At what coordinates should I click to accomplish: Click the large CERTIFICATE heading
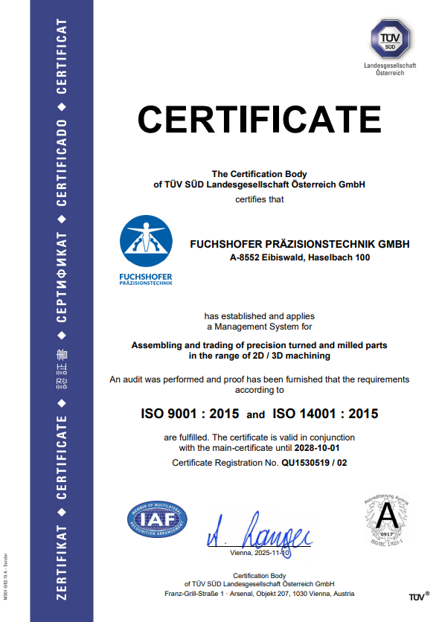(x=259, y=118)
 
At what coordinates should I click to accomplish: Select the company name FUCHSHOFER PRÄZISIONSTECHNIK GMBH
(x=300, y=244)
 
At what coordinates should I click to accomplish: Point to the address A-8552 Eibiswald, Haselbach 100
(x=300, y=258)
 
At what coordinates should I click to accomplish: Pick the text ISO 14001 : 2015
(x=325, y=414)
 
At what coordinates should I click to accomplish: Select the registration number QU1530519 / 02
(x=313, y=463)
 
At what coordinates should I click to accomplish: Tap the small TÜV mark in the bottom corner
(x=418, y=597)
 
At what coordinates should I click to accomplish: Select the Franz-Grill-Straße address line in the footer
(x=260, y=594)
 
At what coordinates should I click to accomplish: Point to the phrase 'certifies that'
(x=260, y=199)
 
